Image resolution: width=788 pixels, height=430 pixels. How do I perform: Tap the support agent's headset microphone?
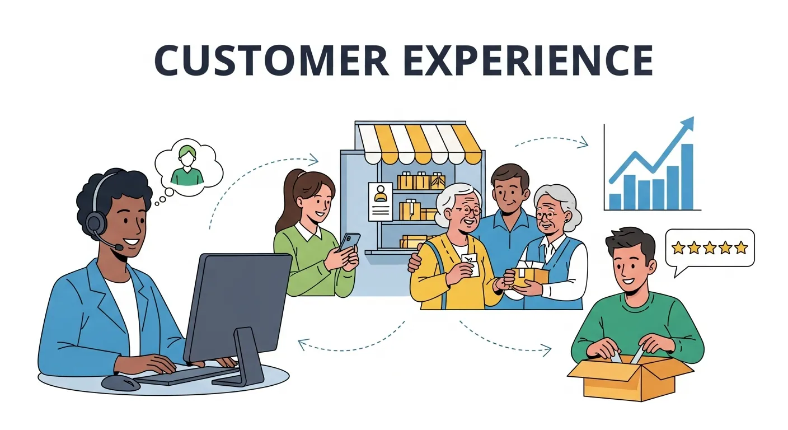[x=119, y=246]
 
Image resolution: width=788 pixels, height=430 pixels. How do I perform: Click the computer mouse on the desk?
[x=121, y=383]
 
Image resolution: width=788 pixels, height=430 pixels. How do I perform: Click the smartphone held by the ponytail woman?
[x=349, y=241]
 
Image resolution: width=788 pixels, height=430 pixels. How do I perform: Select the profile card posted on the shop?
[x=381, y=201]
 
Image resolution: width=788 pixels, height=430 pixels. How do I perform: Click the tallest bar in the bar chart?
[x=687, y=176]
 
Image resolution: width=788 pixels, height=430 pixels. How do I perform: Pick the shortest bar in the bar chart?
[x=615, y=201]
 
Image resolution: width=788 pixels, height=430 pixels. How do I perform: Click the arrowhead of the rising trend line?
[x=688, y=124]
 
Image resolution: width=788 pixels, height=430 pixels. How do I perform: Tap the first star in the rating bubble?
[x=678, y=247]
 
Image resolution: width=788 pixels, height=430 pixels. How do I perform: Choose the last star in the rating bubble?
[x=741, y=247]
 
